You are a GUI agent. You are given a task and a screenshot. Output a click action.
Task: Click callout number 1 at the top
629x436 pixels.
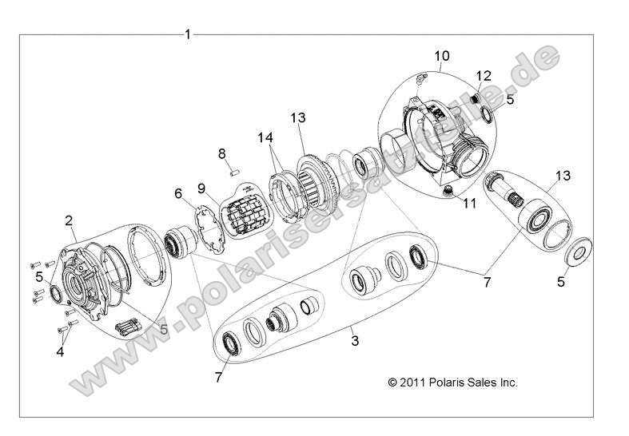[188, 34]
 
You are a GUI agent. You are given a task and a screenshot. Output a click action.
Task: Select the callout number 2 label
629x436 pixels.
[70, 220]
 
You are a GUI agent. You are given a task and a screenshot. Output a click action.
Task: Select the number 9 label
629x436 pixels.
[201, 188]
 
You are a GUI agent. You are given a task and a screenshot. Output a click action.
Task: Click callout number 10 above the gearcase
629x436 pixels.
[441, 56]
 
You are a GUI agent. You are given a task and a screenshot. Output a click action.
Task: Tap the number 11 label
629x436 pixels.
[469, 204]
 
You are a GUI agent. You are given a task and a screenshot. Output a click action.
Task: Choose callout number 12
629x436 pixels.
[482, 76]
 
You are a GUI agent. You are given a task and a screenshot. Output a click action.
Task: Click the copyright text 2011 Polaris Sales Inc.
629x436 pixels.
[452, 382]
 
